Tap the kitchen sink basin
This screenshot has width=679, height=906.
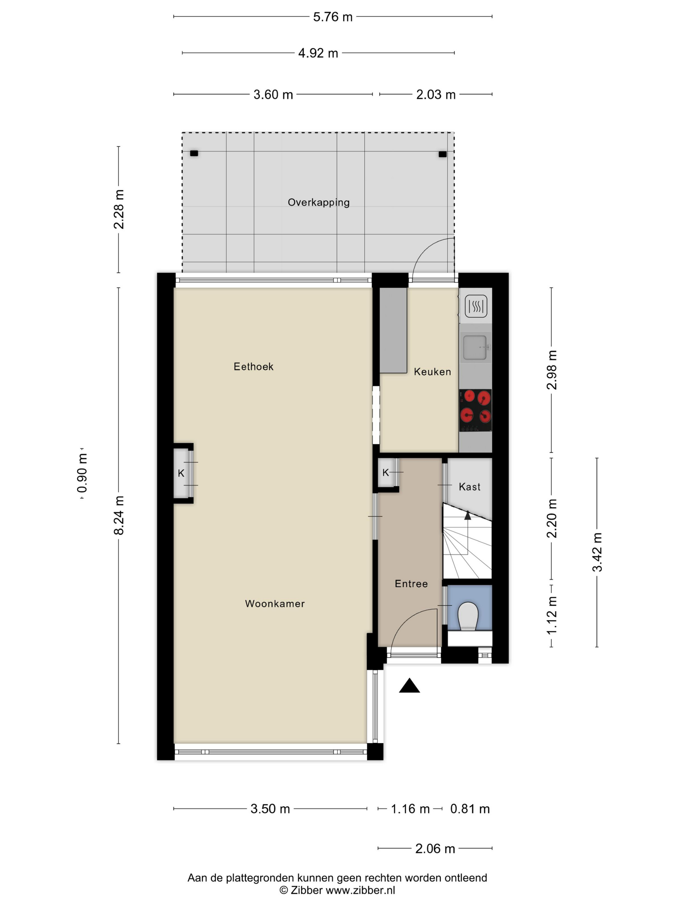click(475, 347)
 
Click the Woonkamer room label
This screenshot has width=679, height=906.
click(275, 603)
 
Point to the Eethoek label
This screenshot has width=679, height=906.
click(253, 367)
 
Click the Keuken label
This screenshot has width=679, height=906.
click(432, 372)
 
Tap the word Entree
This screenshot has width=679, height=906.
click(411, 584)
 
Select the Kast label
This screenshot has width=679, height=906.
click(469, 487)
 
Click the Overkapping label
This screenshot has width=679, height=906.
click(318, 202)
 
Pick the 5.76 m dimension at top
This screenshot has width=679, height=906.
click(332, 17)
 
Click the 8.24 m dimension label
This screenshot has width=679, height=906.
click(119, 515)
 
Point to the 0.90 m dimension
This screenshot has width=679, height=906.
click(82, 473)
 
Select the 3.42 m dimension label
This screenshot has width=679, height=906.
click(597, 552)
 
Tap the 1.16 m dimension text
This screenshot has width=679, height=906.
click(410, 809)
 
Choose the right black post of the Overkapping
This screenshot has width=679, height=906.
click(442, 154)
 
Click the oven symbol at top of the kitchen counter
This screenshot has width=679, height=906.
click(476, 306)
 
